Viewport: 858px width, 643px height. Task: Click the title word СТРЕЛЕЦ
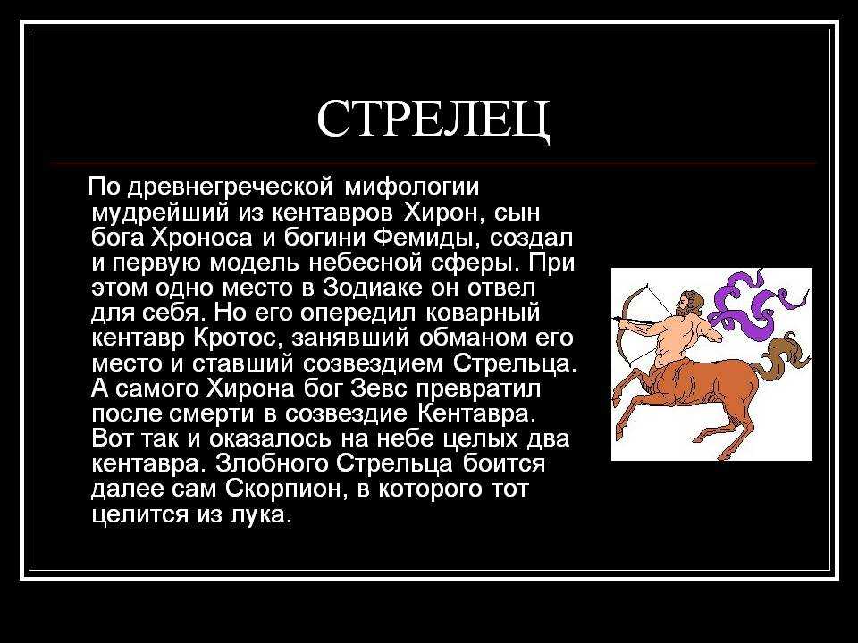[433, 121]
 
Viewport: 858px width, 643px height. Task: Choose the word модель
[255, 263]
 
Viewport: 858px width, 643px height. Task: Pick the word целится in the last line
[139, 514]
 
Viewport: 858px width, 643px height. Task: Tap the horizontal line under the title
[433, 163]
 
